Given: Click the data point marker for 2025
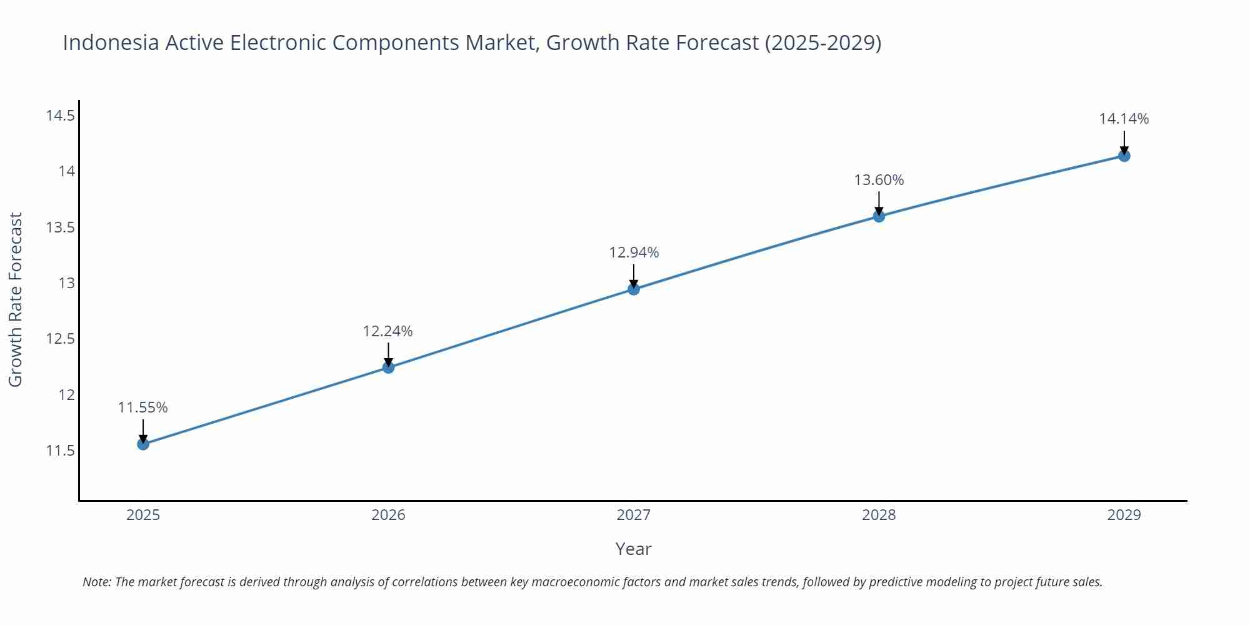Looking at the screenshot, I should click(x=143, y=444).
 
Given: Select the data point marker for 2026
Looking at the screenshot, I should click(x=388, y=367).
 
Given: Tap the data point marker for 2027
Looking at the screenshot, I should click(x=634, y=289).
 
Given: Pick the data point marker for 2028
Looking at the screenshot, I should click(x=879, y=216).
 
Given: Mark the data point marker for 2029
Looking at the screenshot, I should click(x=1124, y=156).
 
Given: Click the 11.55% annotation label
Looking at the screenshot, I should click(x=143, y=407).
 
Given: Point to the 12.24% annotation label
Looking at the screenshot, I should click(x=388, y=331).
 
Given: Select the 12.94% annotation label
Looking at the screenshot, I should click(x=634, y=252).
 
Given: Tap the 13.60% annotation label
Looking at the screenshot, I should click(x=879, y=180).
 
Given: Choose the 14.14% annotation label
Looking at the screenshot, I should click(x=1124, y=119).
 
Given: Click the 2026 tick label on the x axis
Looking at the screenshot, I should click(x=388, y=515).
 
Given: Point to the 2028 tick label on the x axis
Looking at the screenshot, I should click(x=879, y=515).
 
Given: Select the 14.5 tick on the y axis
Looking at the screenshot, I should click(x=60, y=116).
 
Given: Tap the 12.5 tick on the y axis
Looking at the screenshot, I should click(x=60, y=339).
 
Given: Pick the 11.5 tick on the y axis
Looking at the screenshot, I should click(x=60, y=451).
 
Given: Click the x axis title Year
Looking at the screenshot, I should click(x=633, y=549).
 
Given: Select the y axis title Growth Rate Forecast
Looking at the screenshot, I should click(x=16, y=299).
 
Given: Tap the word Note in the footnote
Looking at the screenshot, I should click(x=96, y=582).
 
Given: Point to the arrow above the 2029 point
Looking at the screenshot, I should click(x=1124, y=141).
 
